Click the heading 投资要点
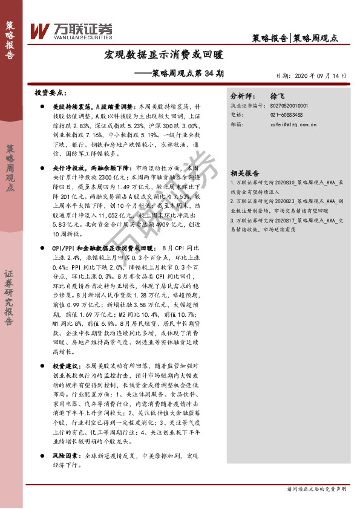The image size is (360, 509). tap(50, 93)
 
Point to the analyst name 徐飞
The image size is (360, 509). tap(277, 96)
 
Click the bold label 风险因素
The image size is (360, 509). tap(65, 438)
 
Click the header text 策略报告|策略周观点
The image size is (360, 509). tap(295, 38)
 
